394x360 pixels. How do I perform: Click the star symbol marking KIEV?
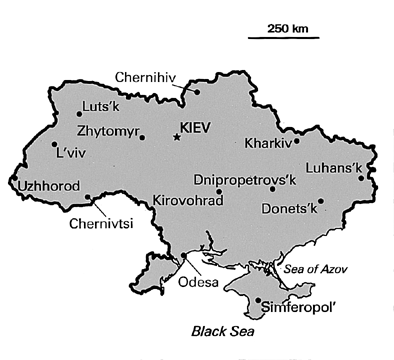[x=177, y=136]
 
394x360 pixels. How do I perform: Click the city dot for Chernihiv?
[x=197, y=91]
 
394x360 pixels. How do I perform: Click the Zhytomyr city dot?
[x=143, y=138]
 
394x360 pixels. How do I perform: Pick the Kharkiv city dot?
[x=296, y=141]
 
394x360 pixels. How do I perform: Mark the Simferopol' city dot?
[x=259, y=300]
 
